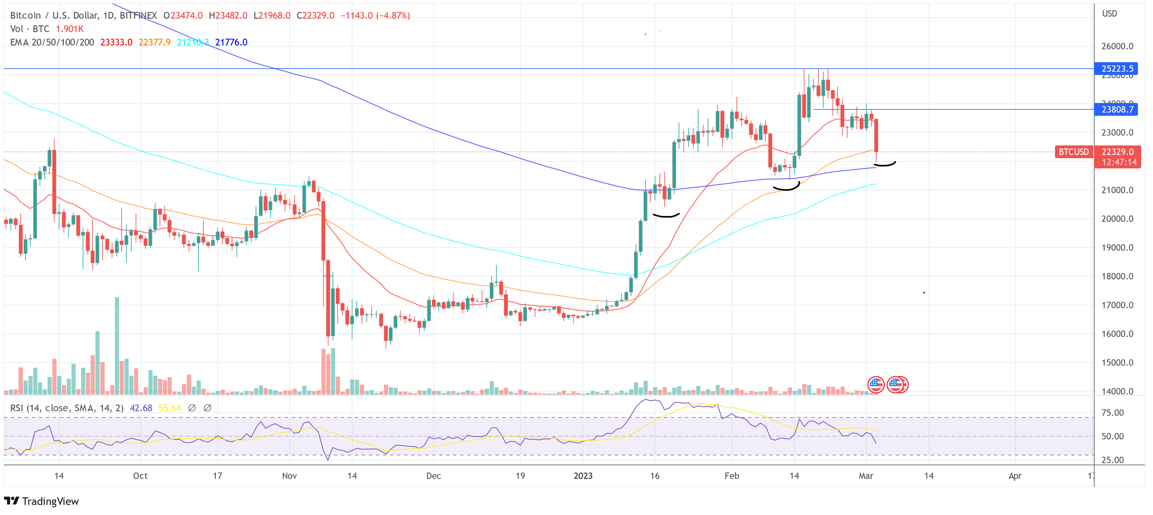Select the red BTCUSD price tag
(x=1073, y=152)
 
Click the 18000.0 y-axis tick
(x=1117, y=276)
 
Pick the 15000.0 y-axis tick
(x=1117, y=363)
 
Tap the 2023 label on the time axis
(x=583, y=476)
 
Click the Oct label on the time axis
(x=140, y=476)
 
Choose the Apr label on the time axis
(x=1015, y=476)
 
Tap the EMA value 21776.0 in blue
(x=231, y=42)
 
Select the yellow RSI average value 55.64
(x=170, y=408)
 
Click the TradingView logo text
(x=50, y=501)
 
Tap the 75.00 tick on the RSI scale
(x=1112, y=413)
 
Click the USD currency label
(x=1110, y=13)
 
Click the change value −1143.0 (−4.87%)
(x=375, y=15)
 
